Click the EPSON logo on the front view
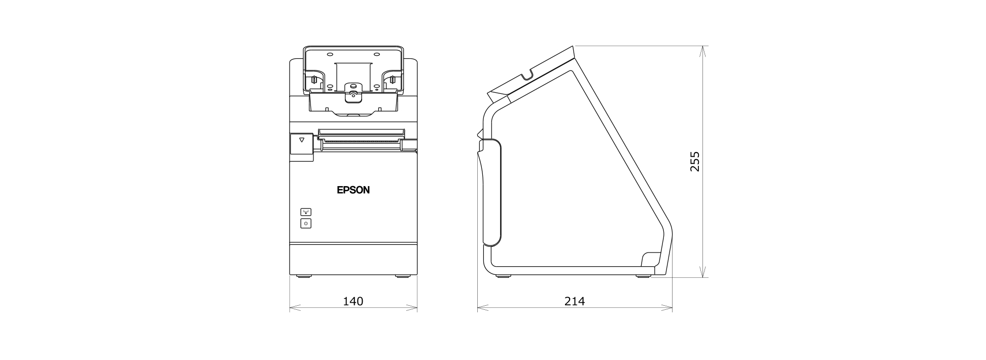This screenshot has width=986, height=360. pyautogui.click(x=353, y=190)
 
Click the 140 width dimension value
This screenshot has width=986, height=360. pyautogui.click(x=353, y=301)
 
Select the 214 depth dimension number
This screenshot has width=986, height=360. pyautogui.click(x=575, y=301)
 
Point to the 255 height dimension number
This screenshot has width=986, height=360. pyautogui.click(x=695, y=161)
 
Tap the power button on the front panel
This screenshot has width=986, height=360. pyautogui.click(x=306, y=223)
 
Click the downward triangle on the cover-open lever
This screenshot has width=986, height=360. pyautogui.click(x=302, y=139)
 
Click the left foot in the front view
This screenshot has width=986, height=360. pyautogui.click(x=303, y=276)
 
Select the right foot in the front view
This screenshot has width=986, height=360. pyautogui.click(x=403, y=276)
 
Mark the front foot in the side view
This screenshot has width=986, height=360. pyautogui.click(x=504, y=276)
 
